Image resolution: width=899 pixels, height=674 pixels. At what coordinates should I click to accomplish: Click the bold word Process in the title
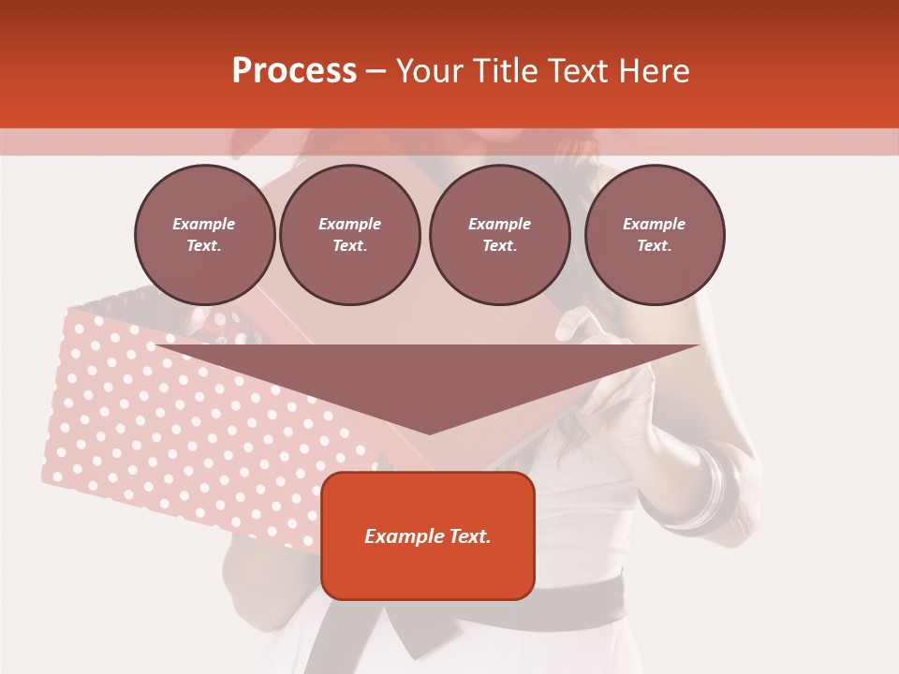[294, 71]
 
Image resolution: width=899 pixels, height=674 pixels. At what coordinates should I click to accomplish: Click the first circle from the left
[204, 234]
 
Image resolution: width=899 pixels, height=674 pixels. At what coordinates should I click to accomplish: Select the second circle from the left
[349, 234]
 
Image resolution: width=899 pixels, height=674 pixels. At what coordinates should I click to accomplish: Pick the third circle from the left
[499, 234]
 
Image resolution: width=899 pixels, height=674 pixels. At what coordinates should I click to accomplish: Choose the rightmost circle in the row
[655, 234]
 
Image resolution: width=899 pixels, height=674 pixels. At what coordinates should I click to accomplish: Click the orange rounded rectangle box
[428, 535]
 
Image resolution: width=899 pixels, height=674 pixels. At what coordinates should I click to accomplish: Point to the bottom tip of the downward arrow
[429, 432]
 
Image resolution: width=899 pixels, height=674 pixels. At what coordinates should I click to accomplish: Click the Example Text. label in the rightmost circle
[655, 235]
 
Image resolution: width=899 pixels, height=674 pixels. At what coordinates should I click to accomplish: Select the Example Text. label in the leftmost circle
[204, 235]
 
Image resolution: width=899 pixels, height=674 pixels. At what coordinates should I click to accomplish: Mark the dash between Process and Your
[376, 71]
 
